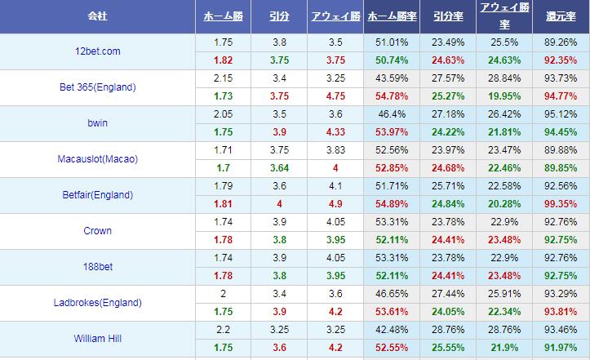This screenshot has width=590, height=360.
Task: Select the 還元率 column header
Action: tap(561, 16)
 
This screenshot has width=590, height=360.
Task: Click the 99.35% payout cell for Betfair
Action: tap(561, 204)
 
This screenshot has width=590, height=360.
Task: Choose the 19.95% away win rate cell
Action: tap(503, 96)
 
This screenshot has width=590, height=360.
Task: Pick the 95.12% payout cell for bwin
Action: tap(561, 114)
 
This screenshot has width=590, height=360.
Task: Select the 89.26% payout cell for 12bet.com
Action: tap(561, 42)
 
